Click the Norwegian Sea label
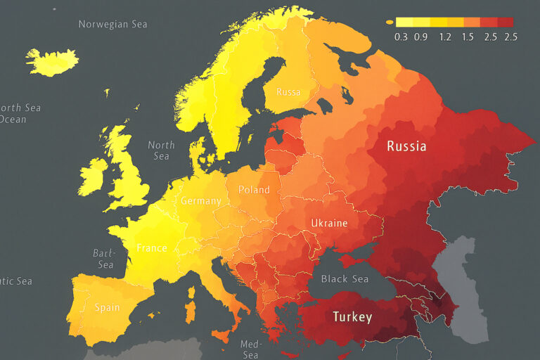click(x=112, y=24)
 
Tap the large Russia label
click(x=406, y=147)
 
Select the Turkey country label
click(x=352, y=316)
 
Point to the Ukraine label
click(x=329, y=223)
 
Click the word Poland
click(x=254, y=190)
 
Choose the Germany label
click(x=200, y=200)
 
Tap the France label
click(x=152, y=247)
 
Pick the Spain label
click(x=107, y=307)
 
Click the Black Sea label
click(x=345, y=279)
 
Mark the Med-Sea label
click(x=250, y=349)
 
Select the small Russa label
click(x=288, y=92)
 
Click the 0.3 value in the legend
click(x=401, y=37)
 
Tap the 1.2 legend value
click(x=445, y=37)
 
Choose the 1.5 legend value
click(x=468, y=37)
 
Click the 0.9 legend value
click(x=421, y=37)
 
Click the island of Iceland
click(x=52, y=62)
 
